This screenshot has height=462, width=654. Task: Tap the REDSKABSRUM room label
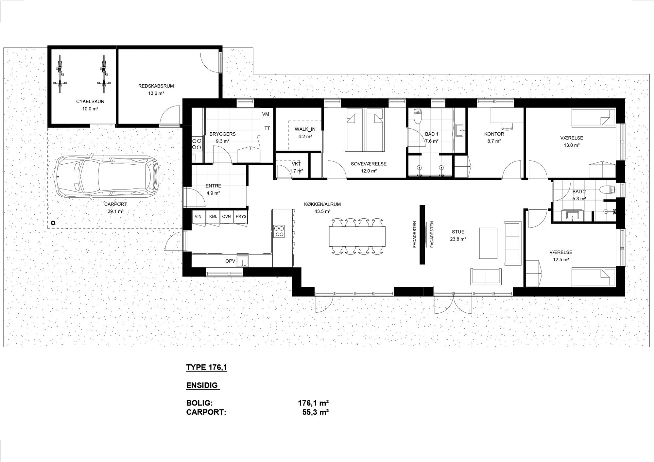tap(156, 86)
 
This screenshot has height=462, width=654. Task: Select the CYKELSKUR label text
tap(90, 102)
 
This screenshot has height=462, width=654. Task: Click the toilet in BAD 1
tap(418, 117)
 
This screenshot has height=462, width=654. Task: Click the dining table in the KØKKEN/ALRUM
tap(357, 236)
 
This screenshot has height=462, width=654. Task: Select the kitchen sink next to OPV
tap(242, 261)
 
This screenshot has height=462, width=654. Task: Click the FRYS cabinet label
tap(241, 216)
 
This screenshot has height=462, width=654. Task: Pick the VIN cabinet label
tap(198, 216)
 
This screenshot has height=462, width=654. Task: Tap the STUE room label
tap(458, 232)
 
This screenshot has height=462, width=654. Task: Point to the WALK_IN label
tap(305, 129)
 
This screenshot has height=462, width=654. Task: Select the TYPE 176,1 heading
tap(207, 368)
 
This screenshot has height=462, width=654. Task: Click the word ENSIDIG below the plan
tap(202, 385)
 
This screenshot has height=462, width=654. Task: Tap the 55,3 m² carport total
tap(316, 412)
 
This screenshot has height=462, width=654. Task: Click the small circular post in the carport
tap(53, 223)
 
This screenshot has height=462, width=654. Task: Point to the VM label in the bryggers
tap(266, 114)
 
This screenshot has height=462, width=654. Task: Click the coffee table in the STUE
tap(488, 243)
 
